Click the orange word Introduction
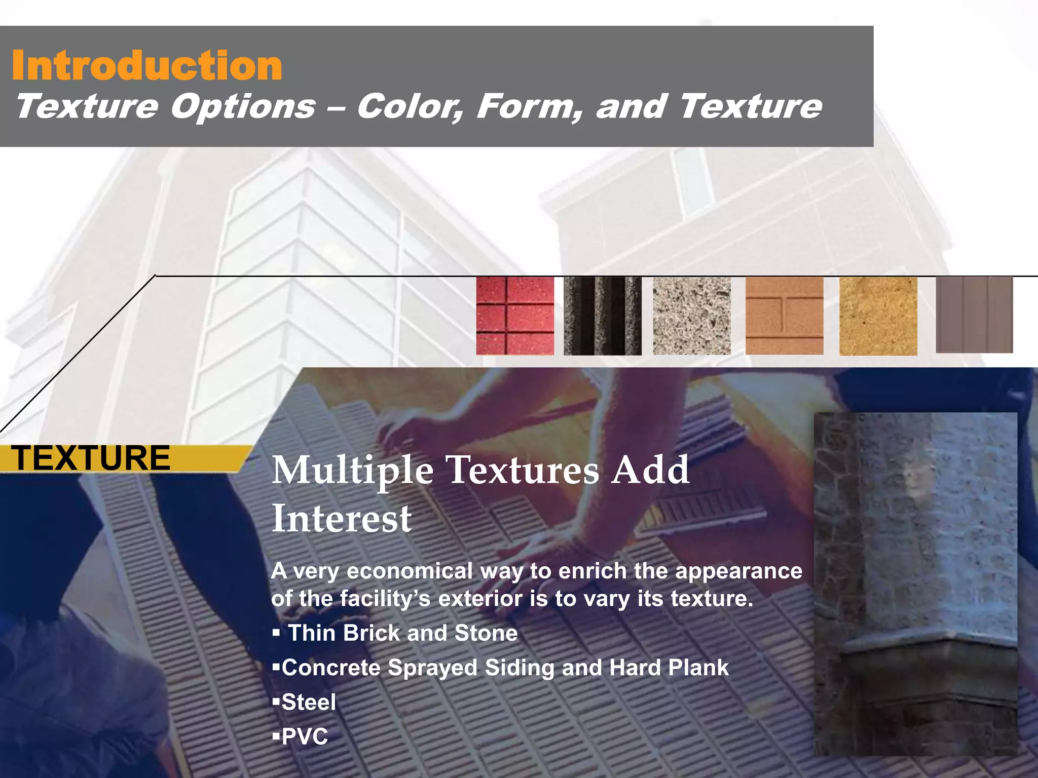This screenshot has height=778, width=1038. pos(147,66)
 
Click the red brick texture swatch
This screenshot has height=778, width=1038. pos(515,316)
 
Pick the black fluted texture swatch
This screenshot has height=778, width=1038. pos(603,316)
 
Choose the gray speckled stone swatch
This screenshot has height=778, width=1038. pos(692,316)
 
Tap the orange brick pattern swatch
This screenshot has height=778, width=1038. pos(784,316)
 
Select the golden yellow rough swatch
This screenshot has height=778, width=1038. pos(878,316)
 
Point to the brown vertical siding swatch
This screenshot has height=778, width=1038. pos(974,315)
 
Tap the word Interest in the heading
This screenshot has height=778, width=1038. pos(342,519)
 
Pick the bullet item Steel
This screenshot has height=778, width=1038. pos(309,703)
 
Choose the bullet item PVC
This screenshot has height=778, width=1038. pos(305,737)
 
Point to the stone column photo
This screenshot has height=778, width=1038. pos(915,582)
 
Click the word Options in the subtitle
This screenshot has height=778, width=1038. pos(243,107)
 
